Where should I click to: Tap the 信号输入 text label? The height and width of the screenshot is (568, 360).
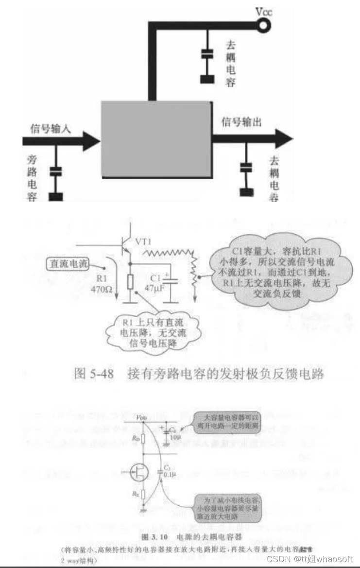pyautogui.click(x=51, y=128)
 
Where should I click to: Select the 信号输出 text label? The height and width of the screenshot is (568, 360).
pyautogui.click(x=241, y=122)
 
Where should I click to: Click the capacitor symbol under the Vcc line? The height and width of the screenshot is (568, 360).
pyautogui.click(x=208, y=53)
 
